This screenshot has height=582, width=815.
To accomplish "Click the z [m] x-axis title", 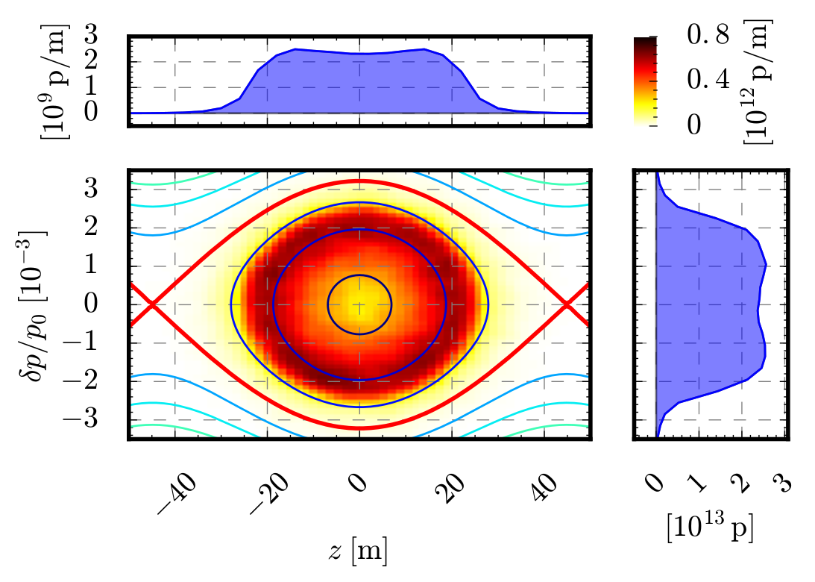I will click(x=359, y=551).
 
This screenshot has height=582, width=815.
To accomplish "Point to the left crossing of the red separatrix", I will click(x=151, y=304).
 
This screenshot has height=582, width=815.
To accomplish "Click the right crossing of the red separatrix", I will click(x=567, y=304).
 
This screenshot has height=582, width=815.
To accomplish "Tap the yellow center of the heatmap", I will click(x=359, y=304).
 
